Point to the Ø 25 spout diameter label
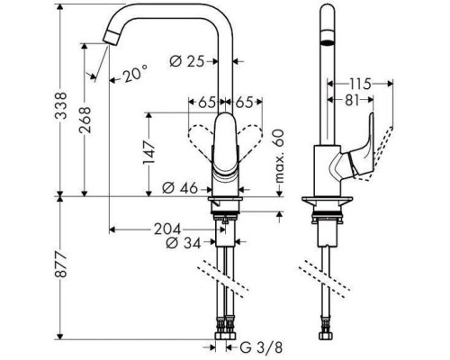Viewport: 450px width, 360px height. pos(190,60)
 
